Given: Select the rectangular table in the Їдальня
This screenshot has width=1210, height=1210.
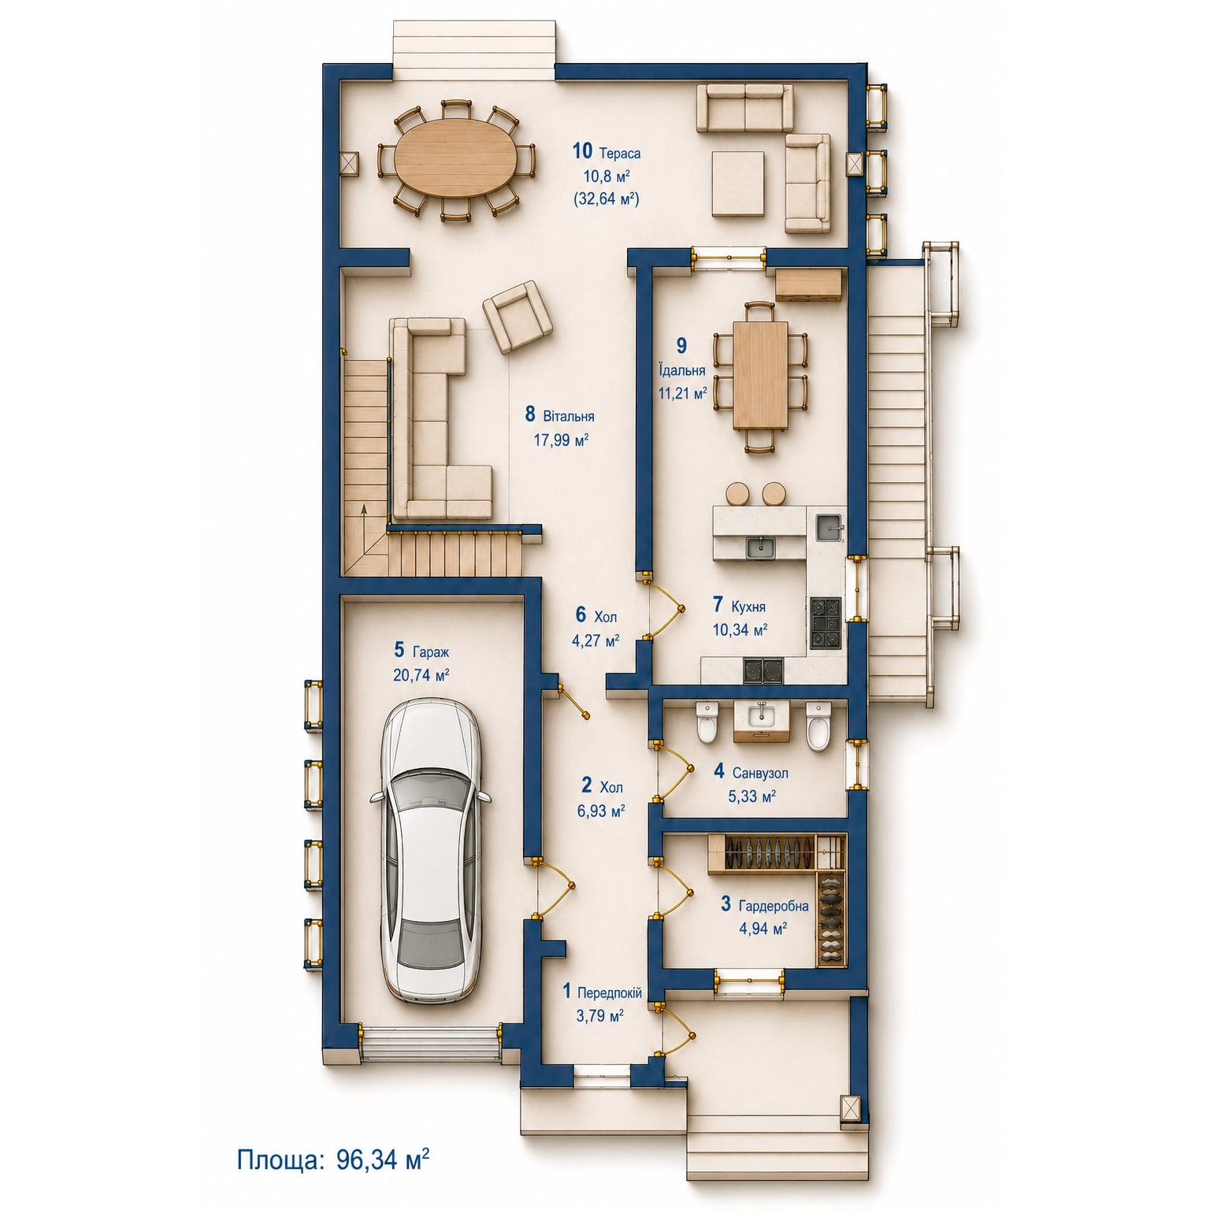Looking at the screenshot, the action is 760,375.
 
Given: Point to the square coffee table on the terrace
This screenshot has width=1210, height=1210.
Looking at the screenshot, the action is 738,184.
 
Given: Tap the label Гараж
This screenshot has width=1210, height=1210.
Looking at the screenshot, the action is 430,652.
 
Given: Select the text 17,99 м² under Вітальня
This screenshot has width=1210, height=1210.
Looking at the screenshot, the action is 561,440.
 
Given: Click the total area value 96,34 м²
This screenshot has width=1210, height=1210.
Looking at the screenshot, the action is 383,1160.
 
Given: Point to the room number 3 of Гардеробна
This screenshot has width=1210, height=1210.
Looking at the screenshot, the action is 726,904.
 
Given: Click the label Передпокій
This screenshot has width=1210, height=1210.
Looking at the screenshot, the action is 610,993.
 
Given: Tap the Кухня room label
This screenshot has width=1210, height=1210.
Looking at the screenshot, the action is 748,607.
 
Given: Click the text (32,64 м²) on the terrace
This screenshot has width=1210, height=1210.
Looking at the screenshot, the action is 606,199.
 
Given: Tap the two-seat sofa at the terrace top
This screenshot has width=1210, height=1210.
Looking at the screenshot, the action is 744,108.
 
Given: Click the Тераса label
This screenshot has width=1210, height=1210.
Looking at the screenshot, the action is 620,153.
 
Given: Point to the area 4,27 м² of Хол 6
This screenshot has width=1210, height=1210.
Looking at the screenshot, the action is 596,640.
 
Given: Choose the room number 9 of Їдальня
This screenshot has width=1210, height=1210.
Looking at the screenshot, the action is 682,345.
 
